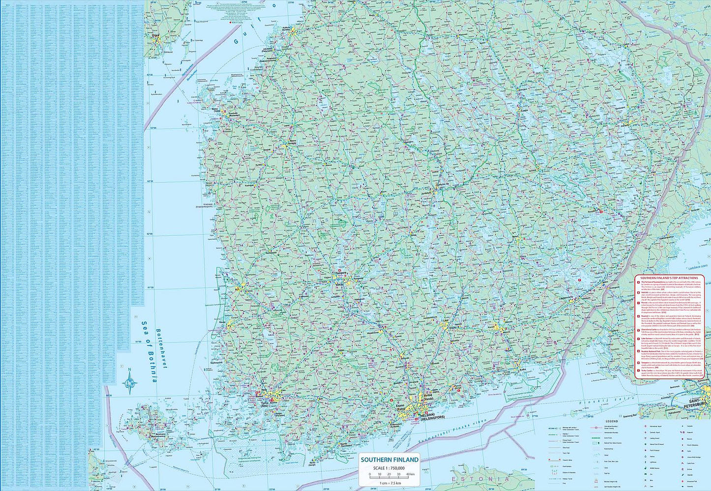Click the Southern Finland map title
(x=390, y=460)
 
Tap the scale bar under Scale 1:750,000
(x=391, y=476)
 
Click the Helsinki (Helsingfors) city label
(x=426, y=417)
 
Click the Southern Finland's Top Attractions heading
(x=669, y=278)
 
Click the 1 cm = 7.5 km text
(x=391, y=483)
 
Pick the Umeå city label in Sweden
(x=156, y=35)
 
